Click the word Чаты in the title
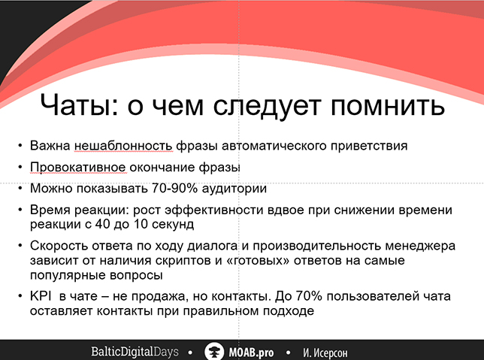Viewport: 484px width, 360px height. coord(80,104)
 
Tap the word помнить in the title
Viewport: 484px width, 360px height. coord(387,105)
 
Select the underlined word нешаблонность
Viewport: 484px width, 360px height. coord(123,145)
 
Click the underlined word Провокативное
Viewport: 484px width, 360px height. coord(78,168)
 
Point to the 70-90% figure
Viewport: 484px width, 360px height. coord(174,188)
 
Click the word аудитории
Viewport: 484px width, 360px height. coord(234,189)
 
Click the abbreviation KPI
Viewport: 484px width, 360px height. coord(41,296)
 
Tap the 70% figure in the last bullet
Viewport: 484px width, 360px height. coord(309,296)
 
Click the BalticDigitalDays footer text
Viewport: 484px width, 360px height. coord(135,352)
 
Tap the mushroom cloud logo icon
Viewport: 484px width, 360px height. coord(214,351)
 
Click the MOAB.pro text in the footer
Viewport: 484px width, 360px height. coord(251,352)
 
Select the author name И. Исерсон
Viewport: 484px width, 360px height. coord(325,352)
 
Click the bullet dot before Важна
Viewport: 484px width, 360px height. coord(20,145)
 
